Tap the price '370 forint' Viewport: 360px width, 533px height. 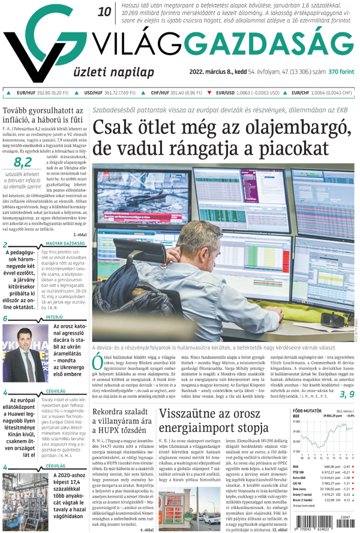[341, 72]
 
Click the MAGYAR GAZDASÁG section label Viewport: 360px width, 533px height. [65, 243]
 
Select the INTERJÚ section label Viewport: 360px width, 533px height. [54, 317]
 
